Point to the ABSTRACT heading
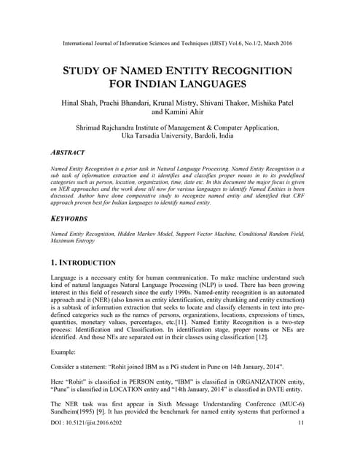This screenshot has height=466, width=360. tap(68, 153)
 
